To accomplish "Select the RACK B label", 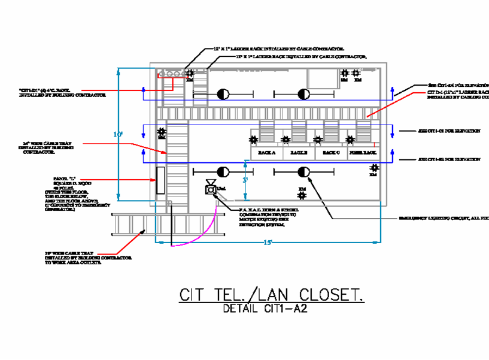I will point(298,153).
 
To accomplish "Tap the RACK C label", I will point(330,153).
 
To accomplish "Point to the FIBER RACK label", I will point(363,153).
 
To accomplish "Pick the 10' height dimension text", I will point(118,135).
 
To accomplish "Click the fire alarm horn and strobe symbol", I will point(211,189).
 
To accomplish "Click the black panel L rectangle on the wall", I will point(160,180).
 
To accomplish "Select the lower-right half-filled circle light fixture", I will point(303,173).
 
